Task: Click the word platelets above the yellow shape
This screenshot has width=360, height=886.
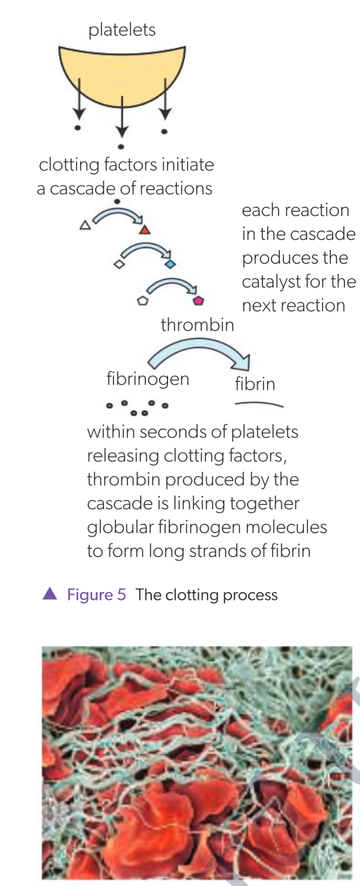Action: click(x=122, y=30)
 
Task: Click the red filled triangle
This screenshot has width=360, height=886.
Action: click(x=144, y=229)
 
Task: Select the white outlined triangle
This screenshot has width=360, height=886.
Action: click(x=85, y=226)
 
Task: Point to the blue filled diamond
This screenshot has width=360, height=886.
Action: click(x=170, y=265)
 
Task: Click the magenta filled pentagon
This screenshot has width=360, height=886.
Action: click(x=199, y=300)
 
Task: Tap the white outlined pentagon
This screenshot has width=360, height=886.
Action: click(x=143, y=300)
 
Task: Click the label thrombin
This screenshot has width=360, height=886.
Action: click(x=197, y=326)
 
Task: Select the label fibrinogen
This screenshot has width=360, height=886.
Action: click(x=148, y=380)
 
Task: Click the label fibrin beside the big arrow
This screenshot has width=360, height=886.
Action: click(x=255, y=385)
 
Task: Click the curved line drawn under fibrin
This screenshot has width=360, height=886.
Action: click(x=259, y=404)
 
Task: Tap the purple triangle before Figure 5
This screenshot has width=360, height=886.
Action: click(x=49, y=594)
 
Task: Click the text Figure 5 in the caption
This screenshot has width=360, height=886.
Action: click(x=96, y=595)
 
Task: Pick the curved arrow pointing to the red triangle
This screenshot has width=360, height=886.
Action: click(x=118, y=214)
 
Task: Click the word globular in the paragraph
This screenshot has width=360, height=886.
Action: click(x=120, y=527)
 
